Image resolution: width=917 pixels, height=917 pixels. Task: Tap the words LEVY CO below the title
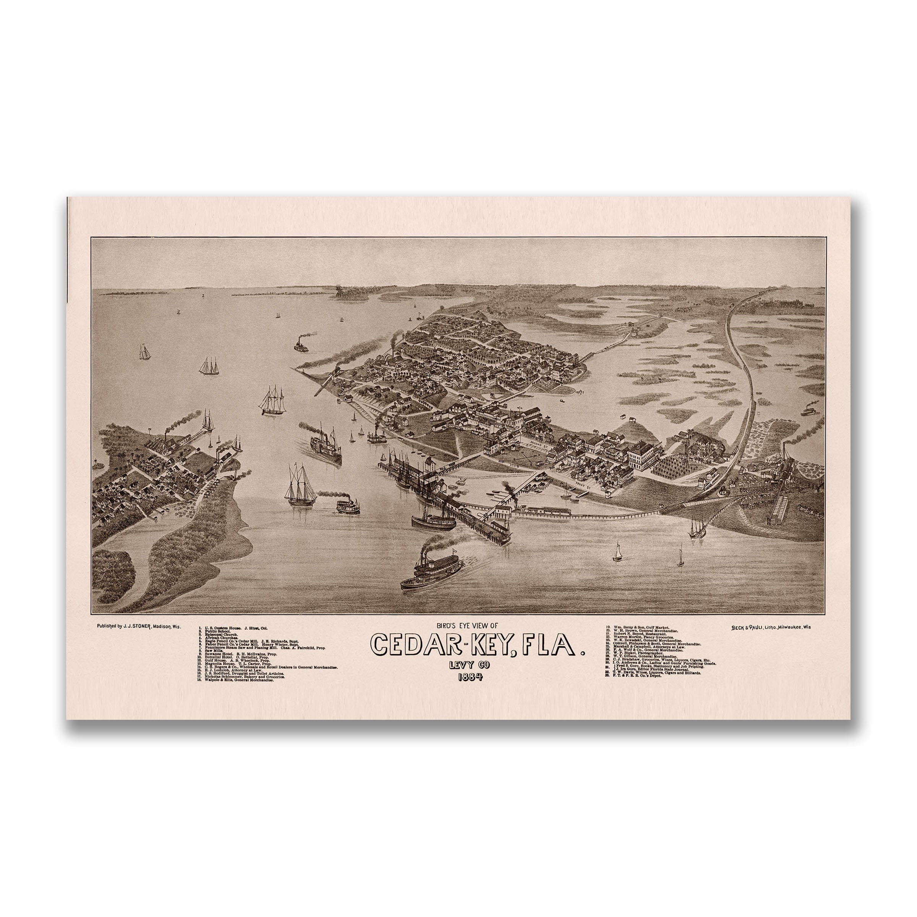tap(470, 666)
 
